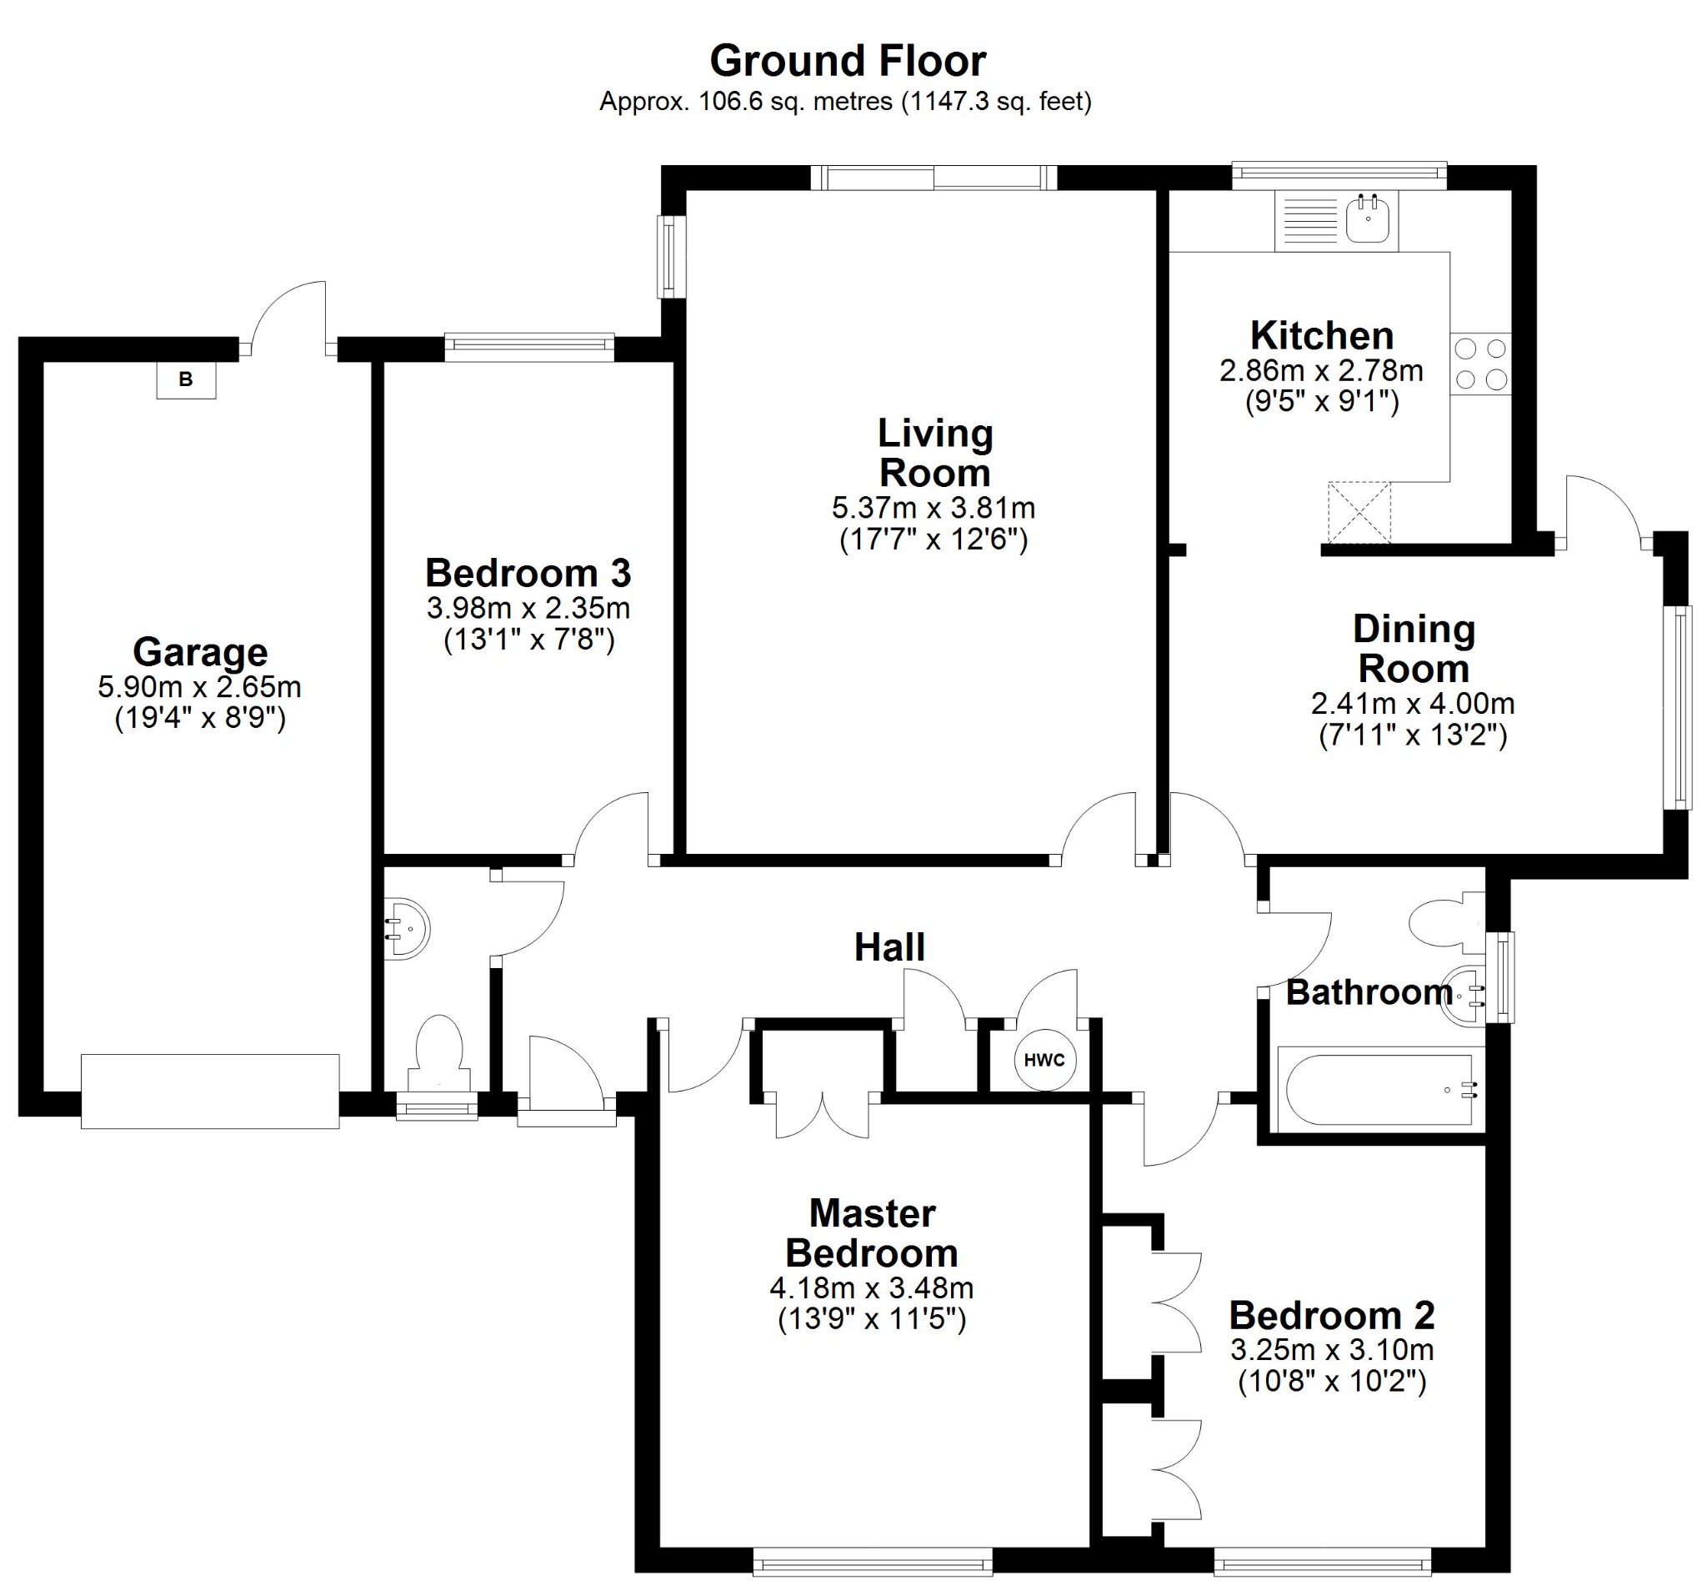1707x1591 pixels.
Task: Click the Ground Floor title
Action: point(848,61)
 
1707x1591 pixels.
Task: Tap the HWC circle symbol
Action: point(1044,1060)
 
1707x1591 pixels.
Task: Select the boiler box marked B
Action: point(186,379)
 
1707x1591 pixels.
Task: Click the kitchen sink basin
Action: point(1367,220)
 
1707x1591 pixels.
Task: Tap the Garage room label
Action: point(200,652)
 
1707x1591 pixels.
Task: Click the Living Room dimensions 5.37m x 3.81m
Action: point(934,508)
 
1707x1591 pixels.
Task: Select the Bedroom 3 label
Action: point(528,573)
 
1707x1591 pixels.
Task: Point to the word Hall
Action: point(889,947)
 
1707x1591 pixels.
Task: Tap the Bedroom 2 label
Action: point(1332,1315)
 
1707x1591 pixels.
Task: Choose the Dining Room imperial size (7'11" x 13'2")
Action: point(1413,735)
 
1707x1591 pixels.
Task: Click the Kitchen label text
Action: point(1321,335)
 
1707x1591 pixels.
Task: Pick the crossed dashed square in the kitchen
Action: point(1359,513)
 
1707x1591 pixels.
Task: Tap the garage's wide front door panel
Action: point(209,1090)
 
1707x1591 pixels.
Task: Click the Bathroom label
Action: point(1369,993)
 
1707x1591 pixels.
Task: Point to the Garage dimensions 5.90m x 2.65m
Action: point(199,687)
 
